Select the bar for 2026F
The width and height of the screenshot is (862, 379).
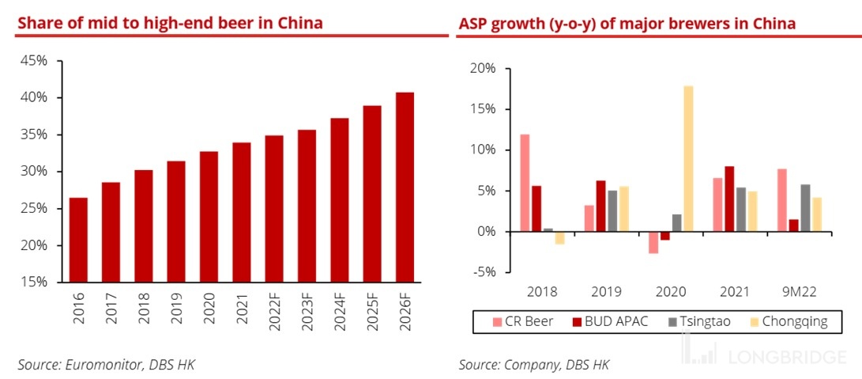click(x=404, y=187)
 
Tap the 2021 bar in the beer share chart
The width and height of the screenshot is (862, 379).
click(x=241, y=212)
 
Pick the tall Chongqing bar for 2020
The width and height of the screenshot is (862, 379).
click(x=688, y=158)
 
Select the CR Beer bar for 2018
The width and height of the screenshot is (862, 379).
click(x=525, y=183)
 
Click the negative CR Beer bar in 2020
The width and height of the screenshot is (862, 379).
click(x=653, y=242)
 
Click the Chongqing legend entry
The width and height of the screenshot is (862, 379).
click(x=793, y=321)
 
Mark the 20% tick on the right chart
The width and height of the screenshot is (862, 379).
click(x=483, y=69)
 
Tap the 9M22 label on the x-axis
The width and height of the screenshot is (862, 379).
click(x=800, y=291)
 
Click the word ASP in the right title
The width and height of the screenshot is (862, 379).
click(x=474, y=23)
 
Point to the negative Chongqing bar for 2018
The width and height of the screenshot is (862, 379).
click(x=559, y=237)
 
